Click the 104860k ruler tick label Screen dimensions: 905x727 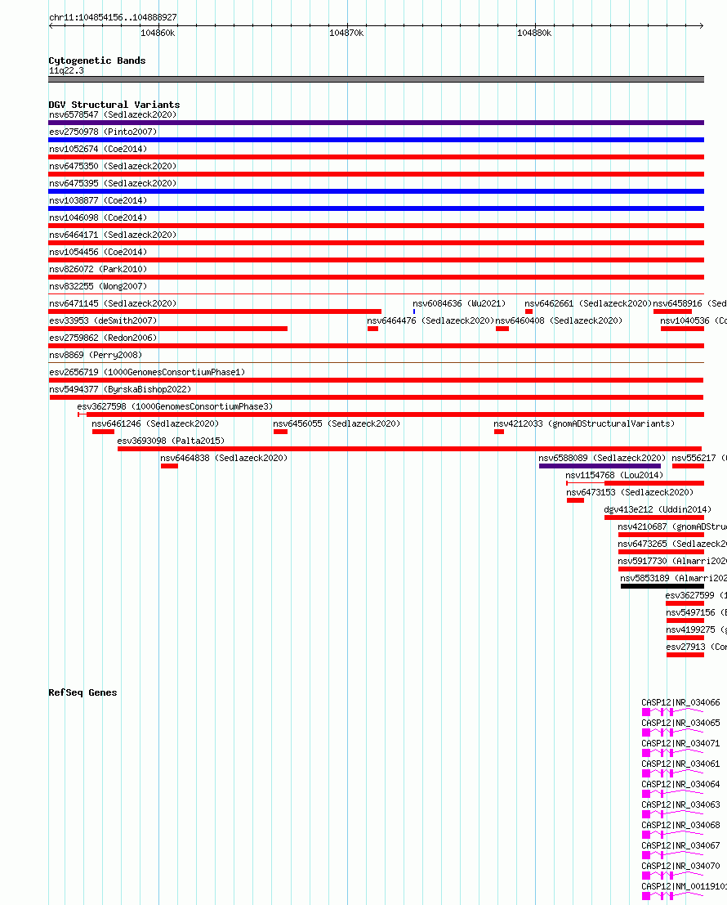[158, 33]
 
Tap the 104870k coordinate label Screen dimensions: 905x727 [346, 33]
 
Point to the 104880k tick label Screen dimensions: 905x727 [534, 33]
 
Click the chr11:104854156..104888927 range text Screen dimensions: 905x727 [113, 17]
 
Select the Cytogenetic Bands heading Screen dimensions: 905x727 [96, 60]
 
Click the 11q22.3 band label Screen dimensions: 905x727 [66, 70]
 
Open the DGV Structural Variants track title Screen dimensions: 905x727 [114, 105]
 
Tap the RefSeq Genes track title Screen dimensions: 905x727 [83, 692]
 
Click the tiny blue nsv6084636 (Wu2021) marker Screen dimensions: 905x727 [414, 311]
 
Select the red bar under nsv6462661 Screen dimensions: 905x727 [529, 311]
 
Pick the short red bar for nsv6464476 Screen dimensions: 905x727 [372, 329]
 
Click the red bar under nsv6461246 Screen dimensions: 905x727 [103, 432]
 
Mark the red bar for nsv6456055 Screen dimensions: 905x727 [280, 432]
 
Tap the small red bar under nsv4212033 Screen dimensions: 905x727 [499, 432]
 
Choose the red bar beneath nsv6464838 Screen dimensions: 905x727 [169, 466]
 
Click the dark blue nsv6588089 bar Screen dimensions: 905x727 [600, 466]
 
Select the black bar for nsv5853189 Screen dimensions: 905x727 [662, 586]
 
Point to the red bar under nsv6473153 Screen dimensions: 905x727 [575, 500]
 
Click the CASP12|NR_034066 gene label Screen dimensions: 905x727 [680, 702]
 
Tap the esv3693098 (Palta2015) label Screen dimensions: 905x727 [171, 441]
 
